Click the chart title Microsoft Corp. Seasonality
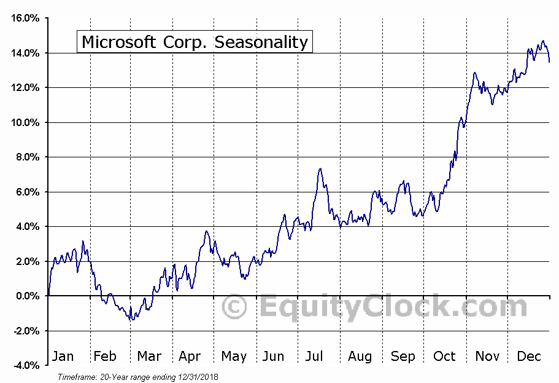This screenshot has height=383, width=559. (x=194, y=42)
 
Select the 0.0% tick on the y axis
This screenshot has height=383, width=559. (x=27, y=296)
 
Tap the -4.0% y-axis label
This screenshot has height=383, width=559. (x=25, y=366)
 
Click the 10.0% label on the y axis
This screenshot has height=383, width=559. (x=25, y=122)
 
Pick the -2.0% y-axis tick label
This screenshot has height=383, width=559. (x=25, y=331)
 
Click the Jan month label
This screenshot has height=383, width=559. (x=63, y=357)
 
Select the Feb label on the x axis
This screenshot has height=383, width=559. (x=105, y=357)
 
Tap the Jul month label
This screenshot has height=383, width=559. (x=314, y=357)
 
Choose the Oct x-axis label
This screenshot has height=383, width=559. (x=444, y=357)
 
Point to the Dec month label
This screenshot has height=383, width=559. (x=529, y=357)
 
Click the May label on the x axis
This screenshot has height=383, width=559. (x=233, y=357)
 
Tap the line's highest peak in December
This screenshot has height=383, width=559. (x=542, y=41)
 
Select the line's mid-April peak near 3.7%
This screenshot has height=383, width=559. (x=207, y=231)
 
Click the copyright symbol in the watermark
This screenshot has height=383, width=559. (x=234, y=306)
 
